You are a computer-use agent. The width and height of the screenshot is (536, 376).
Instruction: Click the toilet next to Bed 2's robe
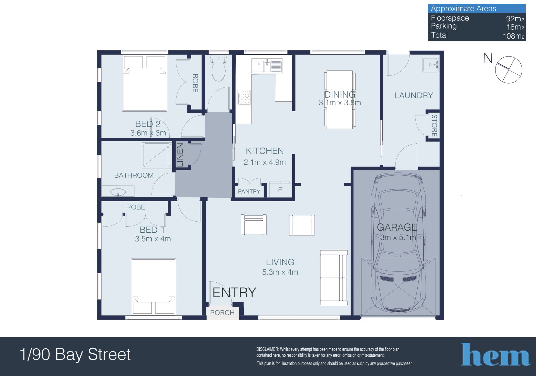(219, 68)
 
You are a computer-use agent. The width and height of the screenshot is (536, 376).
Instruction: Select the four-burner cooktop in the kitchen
(244, 97)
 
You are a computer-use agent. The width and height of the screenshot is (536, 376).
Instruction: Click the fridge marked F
(280, 190)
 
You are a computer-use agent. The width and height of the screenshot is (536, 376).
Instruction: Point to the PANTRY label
(249, 191)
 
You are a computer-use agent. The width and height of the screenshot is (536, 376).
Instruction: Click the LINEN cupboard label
(180, 155)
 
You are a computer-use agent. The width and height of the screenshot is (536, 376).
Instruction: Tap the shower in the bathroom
(157, 155)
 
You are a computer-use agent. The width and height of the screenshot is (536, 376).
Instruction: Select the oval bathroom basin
(118, 192)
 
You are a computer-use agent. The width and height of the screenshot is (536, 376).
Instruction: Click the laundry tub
(430, 65)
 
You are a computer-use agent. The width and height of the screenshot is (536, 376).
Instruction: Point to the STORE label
(434, 126)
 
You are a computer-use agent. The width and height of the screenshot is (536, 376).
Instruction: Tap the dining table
(340, 100)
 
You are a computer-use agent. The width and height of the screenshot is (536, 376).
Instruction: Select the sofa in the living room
(334, 278)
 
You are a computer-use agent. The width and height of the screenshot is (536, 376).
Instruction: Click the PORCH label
(222, 313)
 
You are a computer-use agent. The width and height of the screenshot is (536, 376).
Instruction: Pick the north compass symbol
(509, 70)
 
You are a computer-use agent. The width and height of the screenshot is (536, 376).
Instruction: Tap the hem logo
(495, 354)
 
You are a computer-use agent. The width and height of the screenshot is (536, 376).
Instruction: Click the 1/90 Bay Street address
(75, 354)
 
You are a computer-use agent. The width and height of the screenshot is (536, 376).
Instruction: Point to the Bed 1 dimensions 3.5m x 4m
(153, 239)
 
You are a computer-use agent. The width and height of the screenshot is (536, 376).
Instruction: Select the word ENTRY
(234, 292)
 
